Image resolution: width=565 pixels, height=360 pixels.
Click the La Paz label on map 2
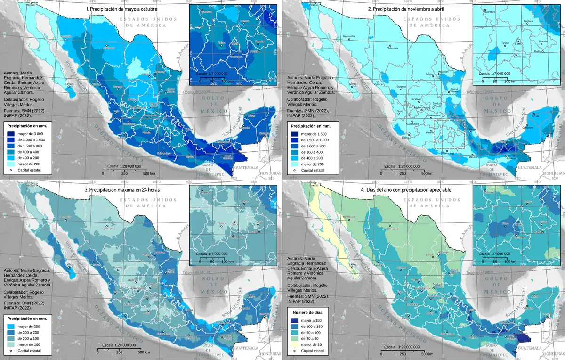click(352, 85)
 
